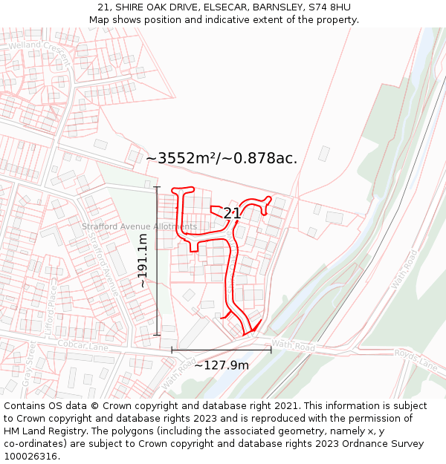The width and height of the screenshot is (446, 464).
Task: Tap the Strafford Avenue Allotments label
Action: point(140,226)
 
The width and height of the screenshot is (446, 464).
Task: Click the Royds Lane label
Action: point(416,359)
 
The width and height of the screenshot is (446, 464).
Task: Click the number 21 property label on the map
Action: point(232,214)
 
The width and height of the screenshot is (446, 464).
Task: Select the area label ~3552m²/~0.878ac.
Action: point(222,158)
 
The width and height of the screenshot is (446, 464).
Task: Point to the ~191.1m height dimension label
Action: point(142,261)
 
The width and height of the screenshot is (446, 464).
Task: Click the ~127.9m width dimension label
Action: point(222,365)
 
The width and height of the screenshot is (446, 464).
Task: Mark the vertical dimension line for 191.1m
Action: point(157,261)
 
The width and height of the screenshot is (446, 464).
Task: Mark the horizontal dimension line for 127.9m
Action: point(222,349)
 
